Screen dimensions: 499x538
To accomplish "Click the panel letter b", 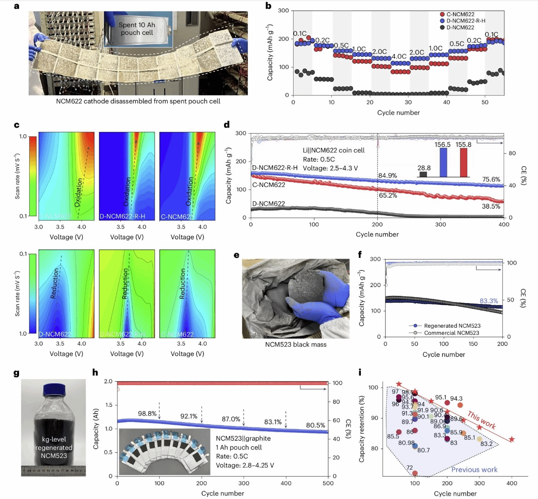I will coord(268,6).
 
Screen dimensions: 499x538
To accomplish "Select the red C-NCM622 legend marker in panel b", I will coord(442,14).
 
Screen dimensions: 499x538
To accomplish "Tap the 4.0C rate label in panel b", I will coord(399,56).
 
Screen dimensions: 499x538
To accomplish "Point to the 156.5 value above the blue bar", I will coord(442,145).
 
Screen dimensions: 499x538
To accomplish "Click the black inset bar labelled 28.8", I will coord(423,174).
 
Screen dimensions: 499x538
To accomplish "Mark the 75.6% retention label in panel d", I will coord(491,179).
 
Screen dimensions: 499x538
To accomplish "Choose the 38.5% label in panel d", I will coord(491,206).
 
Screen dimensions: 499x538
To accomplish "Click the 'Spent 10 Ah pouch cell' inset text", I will coord(137,29).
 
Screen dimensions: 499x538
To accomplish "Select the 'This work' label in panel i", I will coord(482,420).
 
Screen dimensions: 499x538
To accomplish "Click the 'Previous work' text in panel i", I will coord(474,470).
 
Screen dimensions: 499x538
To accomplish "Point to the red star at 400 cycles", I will coord(512,440).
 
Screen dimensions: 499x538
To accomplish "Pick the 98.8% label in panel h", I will coord(147,414).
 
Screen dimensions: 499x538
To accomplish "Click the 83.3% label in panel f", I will coord(488,301).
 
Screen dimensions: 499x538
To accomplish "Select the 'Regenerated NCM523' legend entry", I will coord(452,326).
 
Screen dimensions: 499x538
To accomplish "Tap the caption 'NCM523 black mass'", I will coord(296,344).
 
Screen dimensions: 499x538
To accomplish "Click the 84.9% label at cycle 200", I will coord(387,176).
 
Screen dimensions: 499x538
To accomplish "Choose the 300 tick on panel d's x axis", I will coord(441,225).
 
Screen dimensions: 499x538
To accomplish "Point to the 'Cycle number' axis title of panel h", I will coord(222,493).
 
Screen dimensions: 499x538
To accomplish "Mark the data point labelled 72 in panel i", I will coord(415,473).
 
